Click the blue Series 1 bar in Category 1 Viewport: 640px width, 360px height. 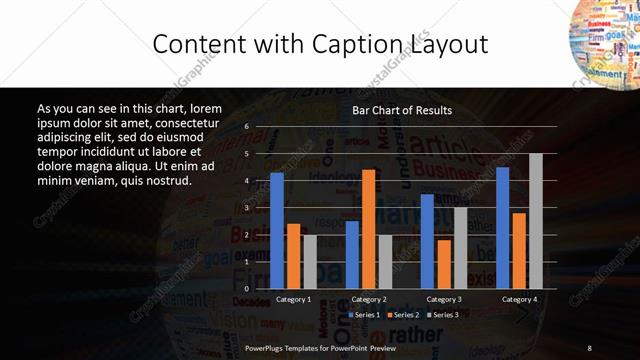coord(277,230)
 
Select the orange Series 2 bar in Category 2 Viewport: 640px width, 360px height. coord(368,228)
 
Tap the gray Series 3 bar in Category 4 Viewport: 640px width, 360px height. coord(536,220)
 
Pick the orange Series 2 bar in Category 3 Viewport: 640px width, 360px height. coord(443,263)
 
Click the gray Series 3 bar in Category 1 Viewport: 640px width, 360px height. coord(310,261)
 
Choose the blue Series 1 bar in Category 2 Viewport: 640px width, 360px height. coord(352,254)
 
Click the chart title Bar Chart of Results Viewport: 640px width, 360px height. coord(402,110)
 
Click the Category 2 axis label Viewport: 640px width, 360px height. coord(369,299)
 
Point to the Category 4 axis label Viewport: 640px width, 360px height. coord(518,299)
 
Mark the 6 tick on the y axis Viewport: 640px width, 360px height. coord(246,127)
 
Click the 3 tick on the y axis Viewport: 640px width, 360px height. coord(246,207)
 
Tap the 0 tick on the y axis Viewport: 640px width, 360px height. coord(246,288)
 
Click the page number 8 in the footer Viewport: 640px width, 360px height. coord(590,347)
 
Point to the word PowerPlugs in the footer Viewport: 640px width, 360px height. coord(265,347)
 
